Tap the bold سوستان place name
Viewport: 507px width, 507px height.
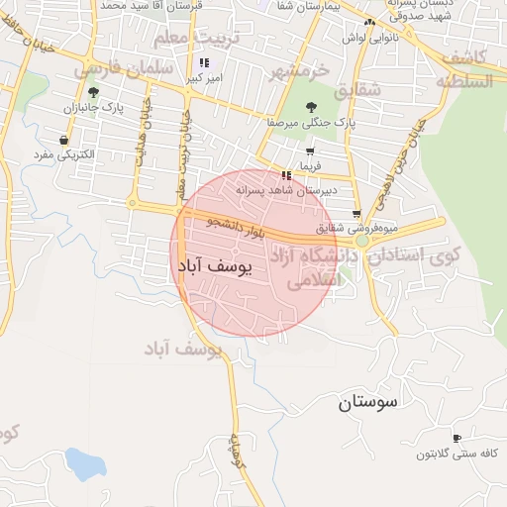[x=366, y=401]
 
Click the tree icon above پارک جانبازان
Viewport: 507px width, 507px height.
[x=94, y=92]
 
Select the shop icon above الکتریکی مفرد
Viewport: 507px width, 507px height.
[x=64, y=141]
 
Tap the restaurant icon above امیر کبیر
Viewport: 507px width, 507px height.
[x=205, y=61]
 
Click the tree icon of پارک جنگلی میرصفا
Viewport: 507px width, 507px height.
[x=312, y=107]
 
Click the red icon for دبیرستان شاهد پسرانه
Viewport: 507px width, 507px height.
[x=286, y=175]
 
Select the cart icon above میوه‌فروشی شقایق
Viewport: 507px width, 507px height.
[x=356, y=214]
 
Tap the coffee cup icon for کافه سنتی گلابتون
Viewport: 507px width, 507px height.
[x=456, y=438]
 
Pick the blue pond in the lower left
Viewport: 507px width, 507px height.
[x=84, y=463]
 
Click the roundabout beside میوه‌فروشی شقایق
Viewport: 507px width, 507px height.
[x=362, y=241]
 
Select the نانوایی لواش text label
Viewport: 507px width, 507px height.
[x=369, y=37]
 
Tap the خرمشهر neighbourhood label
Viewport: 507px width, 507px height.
[x=302, y=71]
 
